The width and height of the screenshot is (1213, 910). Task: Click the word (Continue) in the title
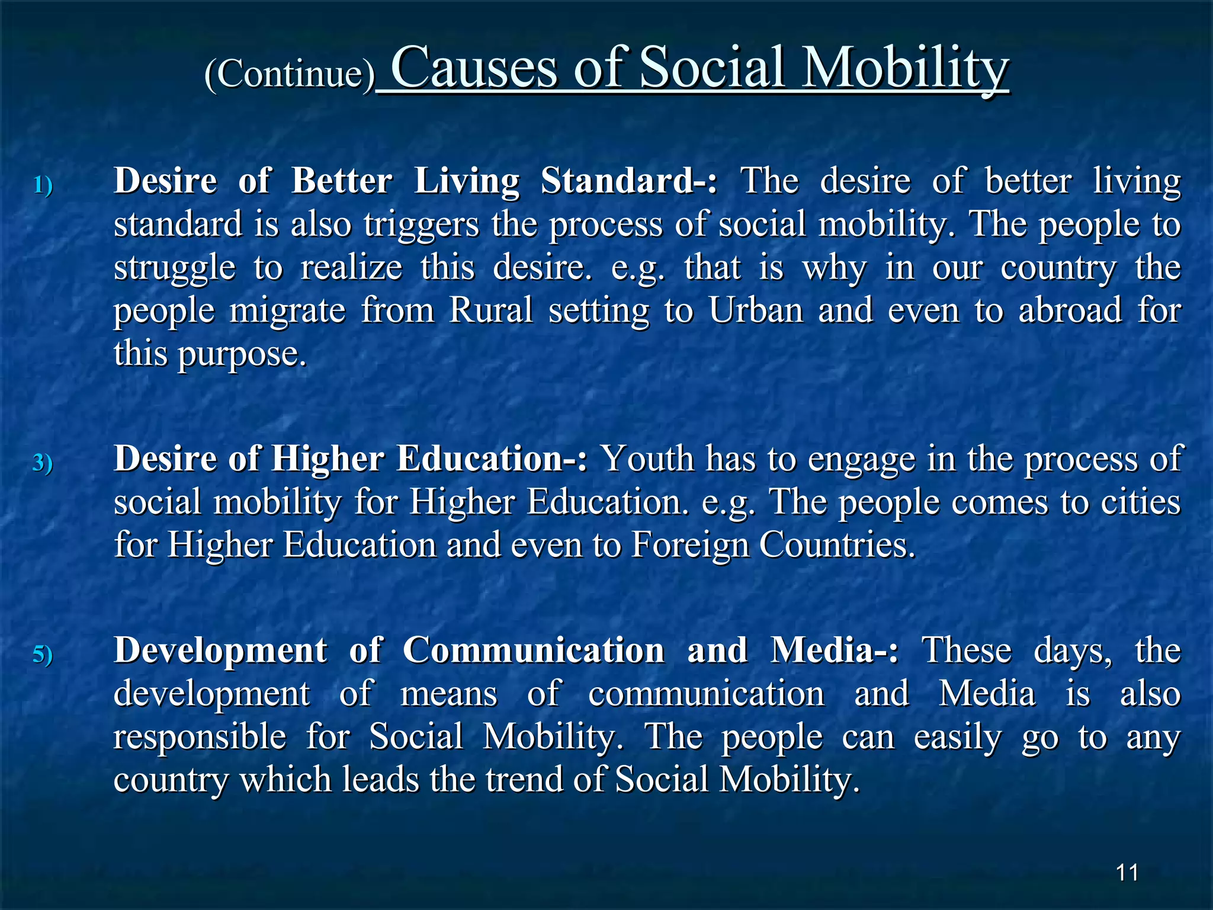tap(290, 75)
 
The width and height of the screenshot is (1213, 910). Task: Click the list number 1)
tap(43, 185)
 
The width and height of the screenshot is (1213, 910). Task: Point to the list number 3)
tap(43, 463)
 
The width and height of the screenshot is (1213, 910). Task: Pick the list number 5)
tap(43, 655)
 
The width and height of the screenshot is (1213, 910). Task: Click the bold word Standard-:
tap(628, 181)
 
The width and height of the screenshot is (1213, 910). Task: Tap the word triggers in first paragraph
tap(421, 226)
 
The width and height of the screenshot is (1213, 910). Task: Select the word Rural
tap(491, 310)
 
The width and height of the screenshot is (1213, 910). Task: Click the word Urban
tap(756, 310)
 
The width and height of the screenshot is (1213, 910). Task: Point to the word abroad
tap(1070, 310)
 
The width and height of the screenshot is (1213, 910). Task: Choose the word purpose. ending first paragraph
tap(242, 355)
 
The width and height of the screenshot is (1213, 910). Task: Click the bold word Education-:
tap(491, 459)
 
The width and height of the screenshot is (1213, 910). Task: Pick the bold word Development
tap(220, 651)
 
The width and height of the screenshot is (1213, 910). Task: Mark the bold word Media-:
tap(834, 651)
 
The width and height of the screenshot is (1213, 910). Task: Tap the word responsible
tap(200, 736)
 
